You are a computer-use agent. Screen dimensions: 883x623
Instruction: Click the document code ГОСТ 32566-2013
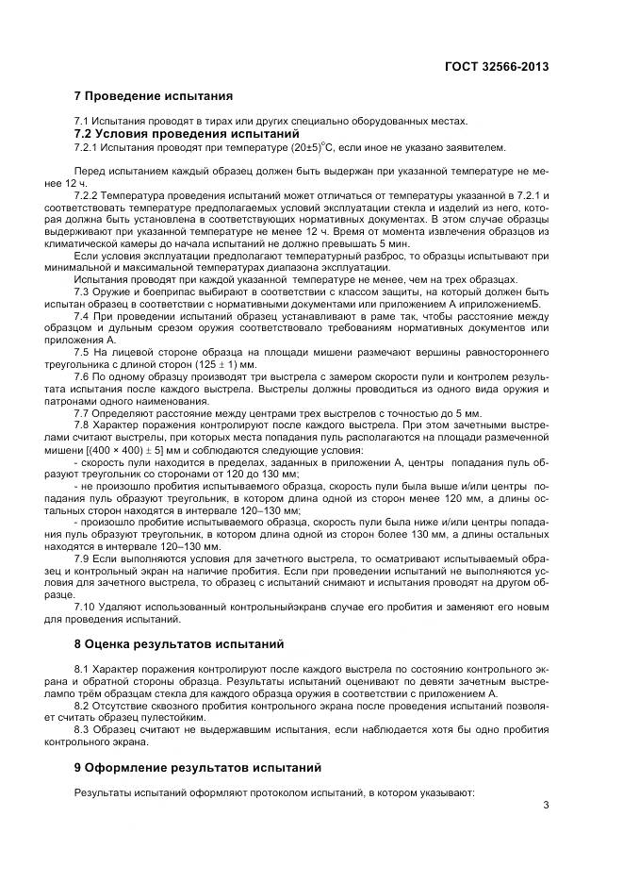[x=496, y=67]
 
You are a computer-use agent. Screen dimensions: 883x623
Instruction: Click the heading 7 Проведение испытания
[x=153, y=96]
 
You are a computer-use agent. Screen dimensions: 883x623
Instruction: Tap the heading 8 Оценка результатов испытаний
[x=178, y=645]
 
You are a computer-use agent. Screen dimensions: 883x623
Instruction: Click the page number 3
[x=546, y=804]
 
